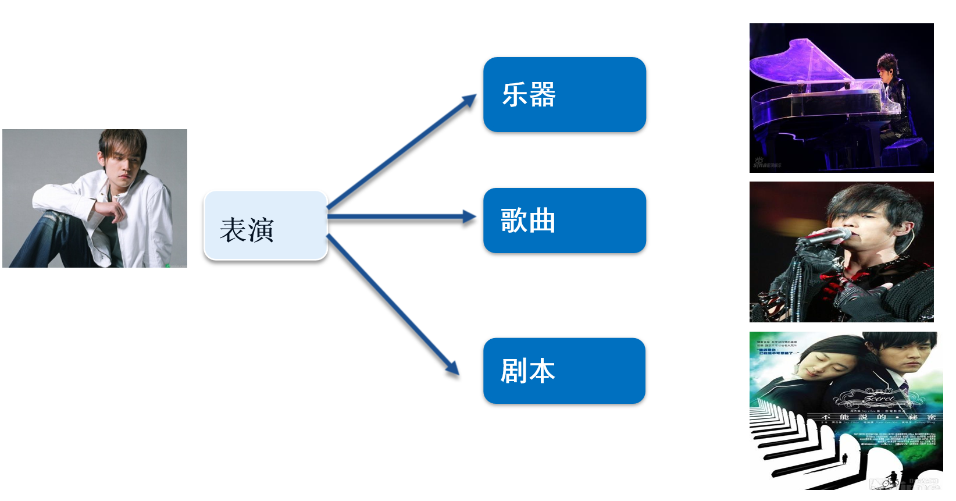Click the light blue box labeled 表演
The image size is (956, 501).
click(x=266, y=226)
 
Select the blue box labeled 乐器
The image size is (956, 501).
click(x=564, y=94)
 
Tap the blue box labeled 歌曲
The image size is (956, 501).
click(x=564, y=221)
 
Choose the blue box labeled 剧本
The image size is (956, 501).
click(x=564, y=371)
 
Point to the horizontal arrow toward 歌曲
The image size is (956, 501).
click(x=401, y=217)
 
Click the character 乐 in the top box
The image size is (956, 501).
click(x=515, y=94)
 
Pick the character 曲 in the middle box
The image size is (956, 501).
click(x=542, y=221)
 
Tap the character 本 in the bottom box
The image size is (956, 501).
click(x=542, y=371)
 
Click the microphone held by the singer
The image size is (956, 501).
click(x=826, y=236)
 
